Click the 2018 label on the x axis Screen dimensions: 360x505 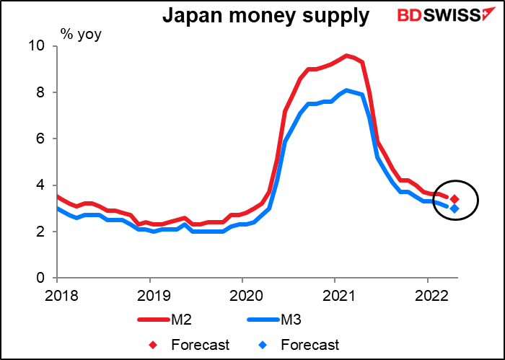(x=57, y=294)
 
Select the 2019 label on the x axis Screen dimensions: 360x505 (x=149, y=294)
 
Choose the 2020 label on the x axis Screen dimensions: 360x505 (x=242, y=294)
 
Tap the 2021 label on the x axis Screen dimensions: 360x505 (x=334, y=294)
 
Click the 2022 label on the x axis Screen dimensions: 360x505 (x=426, y=294)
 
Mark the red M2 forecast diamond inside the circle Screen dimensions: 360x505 (x=454, y=199)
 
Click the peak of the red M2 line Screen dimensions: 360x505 (x=347, y=56)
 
